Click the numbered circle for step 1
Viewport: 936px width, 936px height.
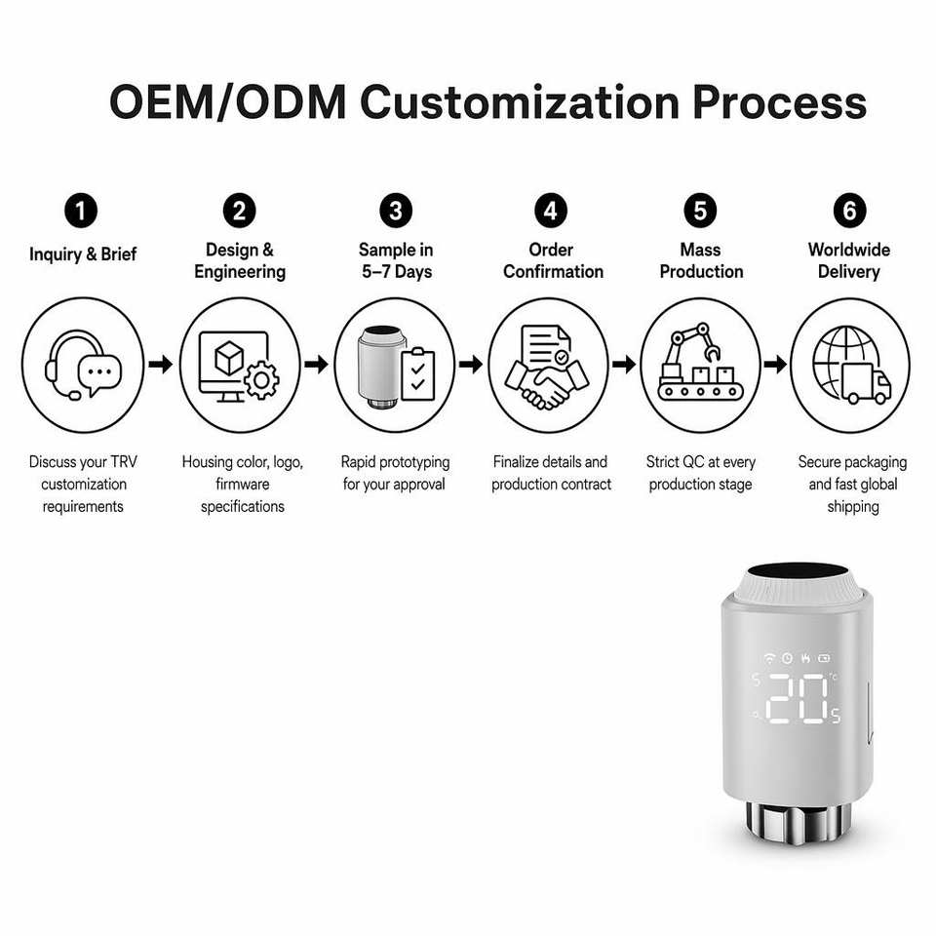pos(81,211)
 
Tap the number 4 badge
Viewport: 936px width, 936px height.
pos(550,211)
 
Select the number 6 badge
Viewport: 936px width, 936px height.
pos(849,211)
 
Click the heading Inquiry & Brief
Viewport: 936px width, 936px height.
pos(83,254)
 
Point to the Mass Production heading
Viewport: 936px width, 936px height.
pos(701,260)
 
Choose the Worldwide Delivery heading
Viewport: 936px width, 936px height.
pos(849,260)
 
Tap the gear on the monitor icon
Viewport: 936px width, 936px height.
pos(261,379)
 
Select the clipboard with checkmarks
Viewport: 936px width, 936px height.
pos(418,374)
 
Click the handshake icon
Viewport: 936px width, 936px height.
pos(547,384)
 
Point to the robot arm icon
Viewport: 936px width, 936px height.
pos(692,351)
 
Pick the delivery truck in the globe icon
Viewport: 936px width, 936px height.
pos(866,383)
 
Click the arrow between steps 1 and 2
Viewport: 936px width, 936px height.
pos(161,364)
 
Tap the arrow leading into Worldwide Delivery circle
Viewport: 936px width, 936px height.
pos(775,364)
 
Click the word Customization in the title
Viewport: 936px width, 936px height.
pos(520,102)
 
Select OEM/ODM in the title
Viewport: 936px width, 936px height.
pos(227,102)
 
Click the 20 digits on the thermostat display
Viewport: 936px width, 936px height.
pos(797,698)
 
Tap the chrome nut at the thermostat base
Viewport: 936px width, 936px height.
pos(798,823)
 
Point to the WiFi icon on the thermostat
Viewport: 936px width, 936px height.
pos(770,658)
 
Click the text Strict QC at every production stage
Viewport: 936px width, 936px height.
pos(701,473)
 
